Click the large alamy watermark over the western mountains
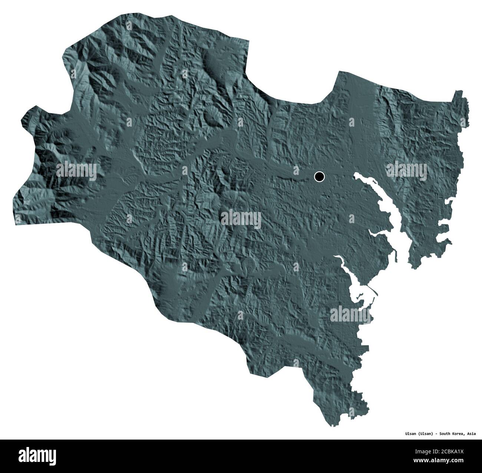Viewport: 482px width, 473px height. (77, 171)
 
